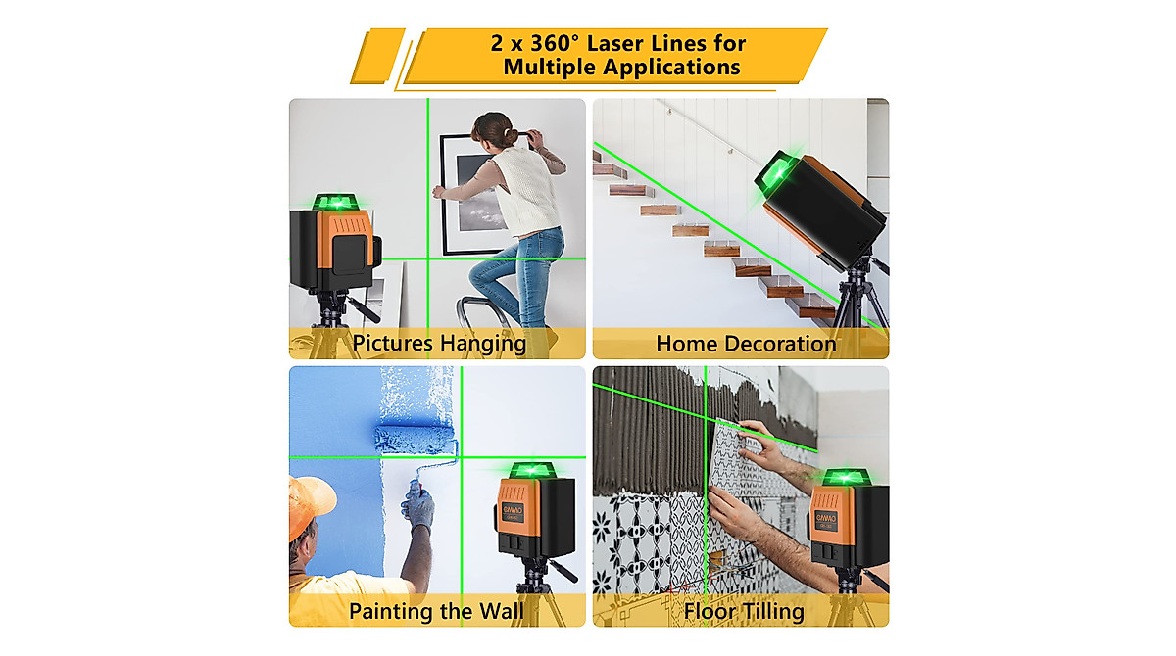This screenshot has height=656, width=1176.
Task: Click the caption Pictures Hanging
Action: tap(439, 344)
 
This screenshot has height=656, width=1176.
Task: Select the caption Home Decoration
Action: tap(746, 344)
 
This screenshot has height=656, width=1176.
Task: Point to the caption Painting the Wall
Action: tap(436, 612)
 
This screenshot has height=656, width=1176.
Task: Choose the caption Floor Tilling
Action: tap(744, 612)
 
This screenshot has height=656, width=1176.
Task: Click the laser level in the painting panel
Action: tap(533, 514)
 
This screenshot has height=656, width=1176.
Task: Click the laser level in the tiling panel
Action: tap(848, 519)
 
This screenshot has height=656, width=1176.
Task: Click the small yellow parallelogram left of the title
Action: tap(377, 56)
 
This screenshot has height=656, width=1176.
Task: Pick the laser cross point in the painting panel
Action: tap(460, 457)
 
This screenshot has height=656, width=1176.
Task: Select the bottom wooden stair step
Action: tap(811, 308)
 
